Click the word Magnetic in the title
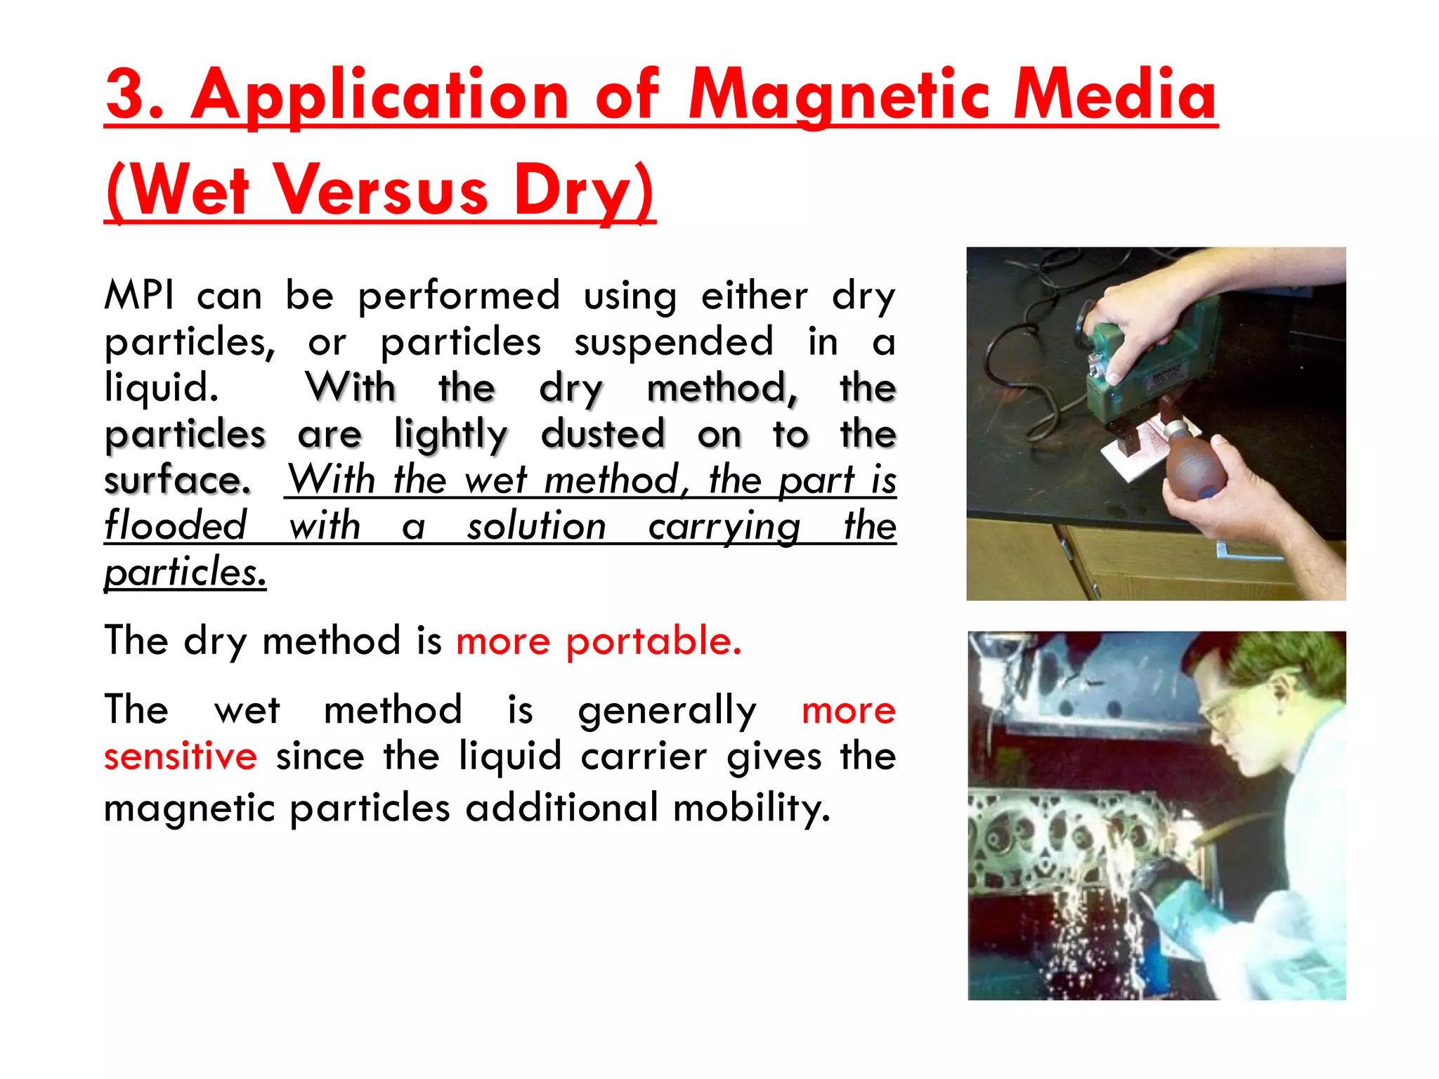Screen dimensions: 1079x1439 pos(839,96)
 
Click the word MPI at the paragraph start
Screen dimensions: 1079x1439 pos(139,295)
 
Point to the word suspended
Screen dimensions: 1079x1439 pos(673,342)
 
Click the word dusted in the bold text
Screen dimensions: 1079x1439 pos(603,433)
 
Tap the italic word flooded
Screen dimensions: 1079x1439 pos(176,525)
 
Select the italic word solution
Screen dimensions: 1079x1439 pos(536,526)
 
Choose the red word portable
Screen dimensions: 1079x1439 pos(653,641)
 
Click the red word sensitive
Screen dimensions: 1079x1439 pos(181,757)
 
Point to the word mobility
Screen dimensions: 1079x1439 pos(751,808)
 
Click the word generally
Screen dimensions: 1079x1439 pos(667,710)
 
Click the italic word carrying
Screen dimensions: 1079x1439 pos(724,527)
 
